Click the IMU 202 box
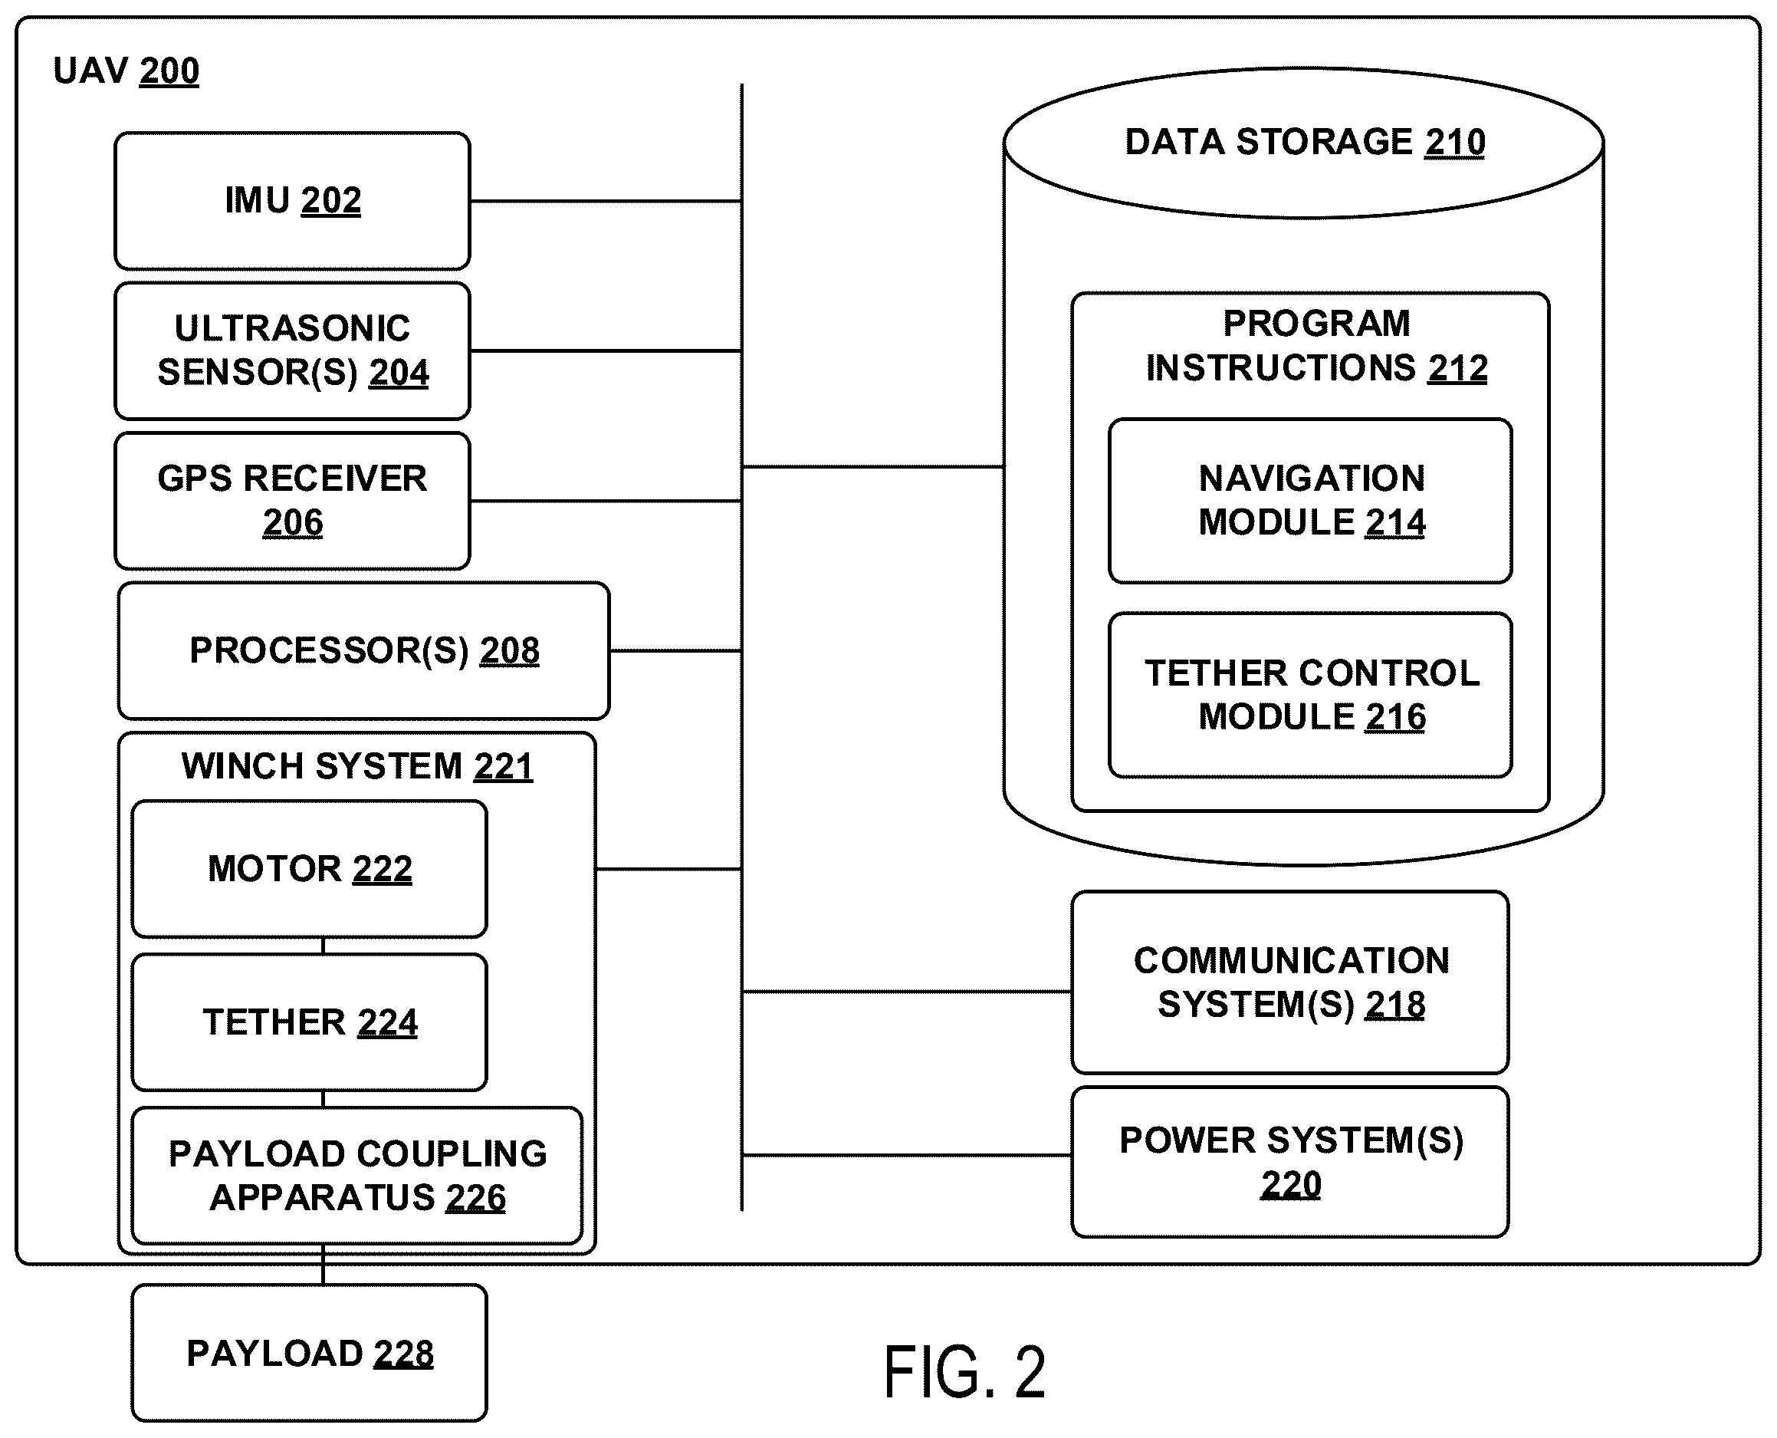click(292, 200)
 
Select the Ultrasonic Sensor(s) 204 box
click(292, 350)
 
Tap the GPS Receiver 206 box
click(292, 500)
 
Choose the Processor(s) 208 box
click(363, 650)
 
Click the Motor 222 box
click(309, 868)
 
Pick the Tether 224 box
click(309, 1022)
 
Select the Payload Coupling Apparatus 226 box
click(357, 1175)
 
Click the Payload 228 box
click(309, 1353)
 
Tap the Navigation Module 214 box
click(1310, 500)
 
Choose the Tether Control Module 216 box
click(1310, 694)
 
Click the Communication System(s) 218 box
click(1289, 982)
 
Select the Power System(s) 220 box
click(1289, 1161)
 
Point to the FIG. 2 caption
click(964, 1373)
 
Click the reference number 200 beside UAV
click(169, 71)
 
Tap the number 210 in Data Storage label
click(1455, 143)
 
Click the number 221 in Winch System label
click(504, 766)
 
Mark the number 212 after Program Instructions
click(1457, 368)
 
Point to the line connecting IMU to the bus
click(606, 200)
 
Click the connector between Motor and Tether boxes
click(323, 946)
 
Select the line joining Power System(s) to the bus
click(907, 1155)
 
